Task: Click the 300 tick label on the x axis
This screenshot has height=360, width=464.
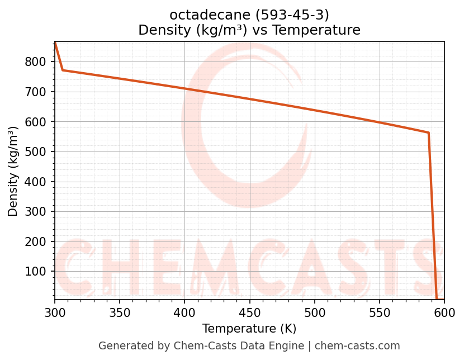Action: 55,314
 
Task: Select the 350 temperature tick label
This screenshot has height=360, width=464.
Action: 120,314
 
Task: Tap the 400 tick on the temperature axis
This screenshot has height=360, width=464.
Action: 184,314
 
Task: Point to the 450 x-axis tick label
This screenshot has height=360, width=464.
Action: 249,314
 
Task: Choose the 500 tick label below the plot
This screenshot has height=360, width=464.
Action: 314,314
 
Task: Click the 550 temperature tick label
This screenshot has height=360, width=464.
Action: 380,314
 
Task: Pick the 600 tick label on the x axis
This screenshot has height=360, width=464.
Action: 444,314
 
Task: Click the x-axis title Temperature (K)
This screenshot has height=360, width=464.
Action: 249,329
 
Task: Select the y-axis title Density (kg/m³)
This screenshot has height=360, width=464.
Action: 13,171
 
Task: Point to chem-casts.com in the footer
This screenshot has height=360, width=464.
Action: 358,346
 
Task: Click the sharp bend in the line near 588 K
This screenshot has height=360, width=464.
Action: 428,132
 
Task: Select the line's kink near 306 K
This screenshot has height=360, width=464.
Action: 63,70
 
